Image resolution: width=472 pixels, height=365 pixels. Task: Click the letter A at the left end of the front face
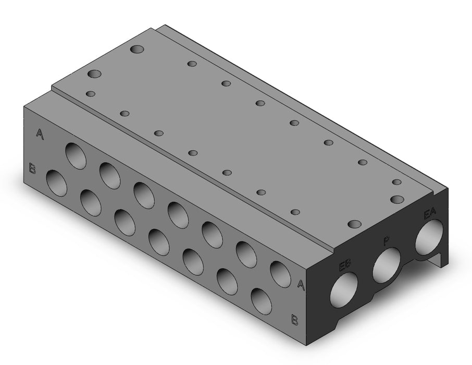point(40,134)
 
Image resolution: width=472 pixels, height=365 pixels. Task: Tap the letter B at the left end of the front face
point(32,168)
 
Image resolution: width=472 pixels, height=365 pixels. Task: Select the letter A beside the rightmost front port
point(301,285)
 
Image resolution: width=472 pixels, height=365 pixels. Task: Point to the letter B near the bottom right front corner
point(294,320)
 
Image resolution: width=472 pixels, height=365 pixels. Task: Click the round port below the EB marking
point(344,289)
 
